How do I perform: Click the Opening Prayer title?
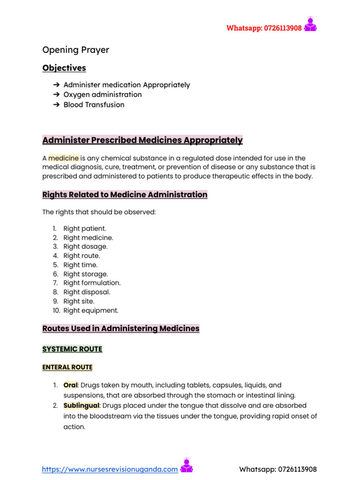click(x=75, y=50)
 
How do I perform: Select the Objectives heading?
click(x=64, y=68)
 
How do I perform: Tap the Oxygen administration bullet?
click(x=102, y=95)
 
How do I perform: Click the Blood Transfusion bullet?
click(x=94, y=105)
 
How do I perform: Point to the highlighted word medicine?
click(x=64, y=158)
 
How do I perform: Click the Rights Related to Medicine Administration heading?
click(x=125, y=195)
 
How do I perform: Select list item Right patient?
click(x=85, y=228)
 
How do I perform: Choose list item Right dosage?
click(x=85, y=247)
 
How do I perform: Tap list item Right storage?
click(x=85, y=274)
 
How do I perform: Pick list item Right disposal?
click(x=87, y=292)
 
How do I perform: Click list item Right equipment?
click(x=91, y=310)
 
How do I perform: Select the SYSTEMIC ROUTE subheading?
click(x=72, y=349)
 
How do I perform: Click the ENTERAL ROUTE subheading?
click(x=67, y=367)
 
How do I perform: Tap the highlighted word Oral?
click(x=70, y=385)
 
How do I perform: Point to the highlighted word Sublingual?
click(x=81, y=405)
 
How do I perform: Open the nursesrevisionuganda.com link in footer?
click(x=110, y=469)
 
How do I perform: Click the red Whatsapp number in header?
click(x=264, y=28)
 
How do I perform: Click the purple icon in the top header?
click(x=310, y=24)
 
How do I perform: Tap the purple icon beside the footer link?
click(x=187, y=466)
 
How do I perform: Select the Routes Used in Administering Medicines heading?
click(x=121, y=329)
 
